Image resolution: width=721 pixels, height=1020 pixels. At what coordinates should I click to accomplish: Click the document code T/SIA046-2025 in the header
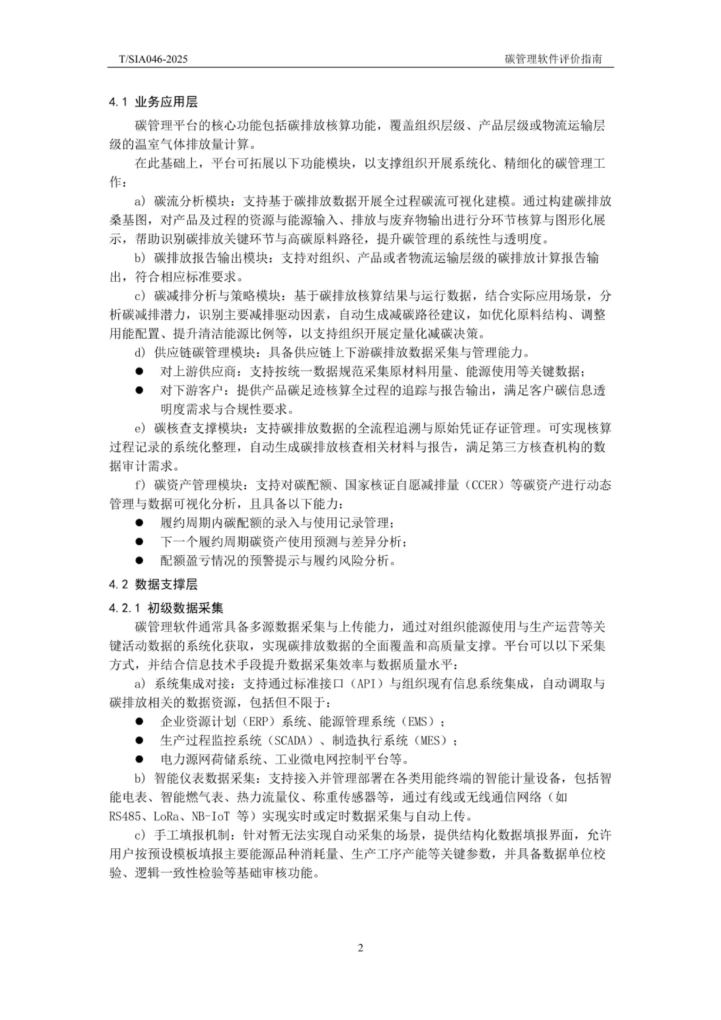click(x=153, y=59)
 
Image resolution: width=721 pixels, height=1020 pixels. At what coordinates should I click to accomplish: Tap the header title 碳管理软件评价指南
click(x=553, y=59)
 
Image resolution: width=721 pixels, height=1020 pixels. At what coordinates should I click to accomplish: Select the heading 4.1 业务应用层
click(x=153, y=102)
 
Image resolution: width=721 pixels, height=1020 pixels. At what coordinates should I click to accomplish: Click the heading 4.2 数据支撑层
click(x=153, y=585)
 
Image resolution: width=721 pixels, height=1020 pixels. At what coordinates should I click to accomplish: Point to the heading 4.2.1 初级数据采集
click(x=166, y=608)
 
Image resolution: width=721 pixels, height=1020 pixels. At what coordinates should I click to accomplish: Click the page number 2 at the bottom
click(x=360, y=948)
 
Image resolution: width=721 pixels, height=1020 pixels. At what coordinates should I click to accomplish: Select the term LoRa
click(x=168, y=816)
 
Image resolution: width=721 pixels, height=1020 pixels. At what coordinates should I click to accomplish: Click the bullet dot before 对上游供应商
click(x=139, y=371)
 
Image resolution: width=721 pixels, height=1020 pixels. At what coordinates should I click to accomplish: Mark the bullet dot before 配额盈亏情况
click(x=139, y=561)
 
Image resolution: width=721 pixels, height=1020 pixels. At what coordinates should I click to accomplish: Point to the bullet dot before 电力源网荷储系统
click(x=139, y=759)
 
